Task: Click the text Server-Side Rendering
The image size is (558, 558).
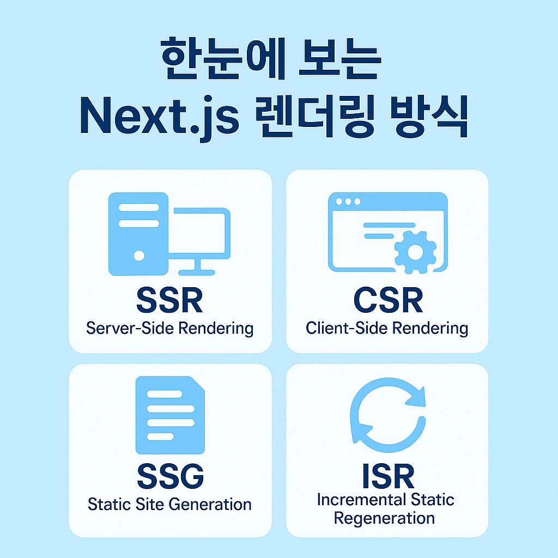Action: [x=169, y=328]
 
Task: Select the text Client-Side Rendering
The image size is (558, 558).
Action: [x=387, y=328]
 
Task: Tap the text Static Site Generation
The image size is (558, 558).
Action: [x=169, y=504]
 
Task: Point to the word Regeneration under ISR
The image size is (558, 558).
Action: [x=384, y=518]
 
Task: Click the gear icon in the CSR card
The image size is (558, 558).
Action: [x=415, y=252]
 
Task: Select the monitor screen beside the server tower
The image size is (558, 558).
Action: [x=200, y=232]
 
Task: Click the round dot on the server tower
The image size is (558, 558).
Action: [x=139, y=255]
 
